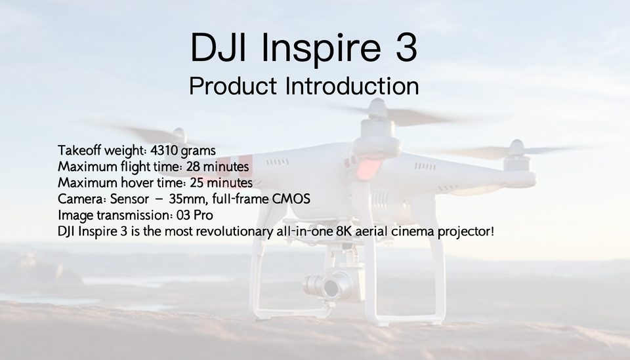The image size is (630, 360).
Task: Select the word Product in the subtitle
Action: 233,85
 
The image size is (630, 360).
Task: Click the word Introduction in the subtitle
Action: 352,85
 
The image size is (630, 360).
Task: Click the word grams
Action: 198,151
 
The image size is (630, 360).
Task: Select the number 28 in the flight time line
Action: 193,167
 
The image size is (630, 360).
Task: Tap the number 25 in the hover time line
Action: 197,182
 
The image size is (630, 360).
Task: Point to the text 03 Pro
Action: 194,215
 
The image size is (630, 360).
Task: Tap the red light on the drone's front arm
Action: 367,169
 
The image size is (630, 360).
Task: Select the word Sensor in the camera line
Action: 129,199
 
